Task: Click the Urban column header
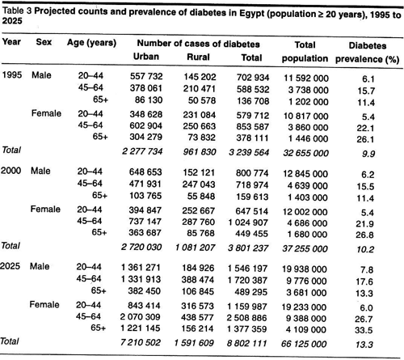point(146,57)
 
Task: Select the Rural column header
point(198,57)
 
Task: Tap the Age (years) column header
point(91,43)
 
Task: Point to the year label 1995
point(12,75)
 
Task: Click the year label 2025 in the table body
point(11,266)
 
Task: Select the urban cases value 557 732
point(146,76)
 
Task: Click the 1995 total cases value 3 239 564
point(249,153)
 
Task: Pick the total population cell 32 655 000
point(305,153)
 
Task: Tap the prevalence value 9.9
point(368,154)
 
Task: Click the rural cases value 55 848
point(201,196)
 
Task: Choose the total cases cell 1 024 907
point(248,222)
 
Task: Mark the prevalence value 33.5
point(364,330)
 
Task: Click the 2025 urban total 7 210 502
point(141,342)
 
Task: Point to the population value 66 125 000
point(304,344)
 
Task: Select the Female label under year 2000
point(45,209)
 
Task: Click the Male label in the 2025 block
point(40,266)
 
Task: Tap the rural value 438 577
point(197,317)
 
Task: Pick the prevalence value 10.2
point(365,249)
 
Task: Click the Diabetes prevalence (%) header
point(368,53)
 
